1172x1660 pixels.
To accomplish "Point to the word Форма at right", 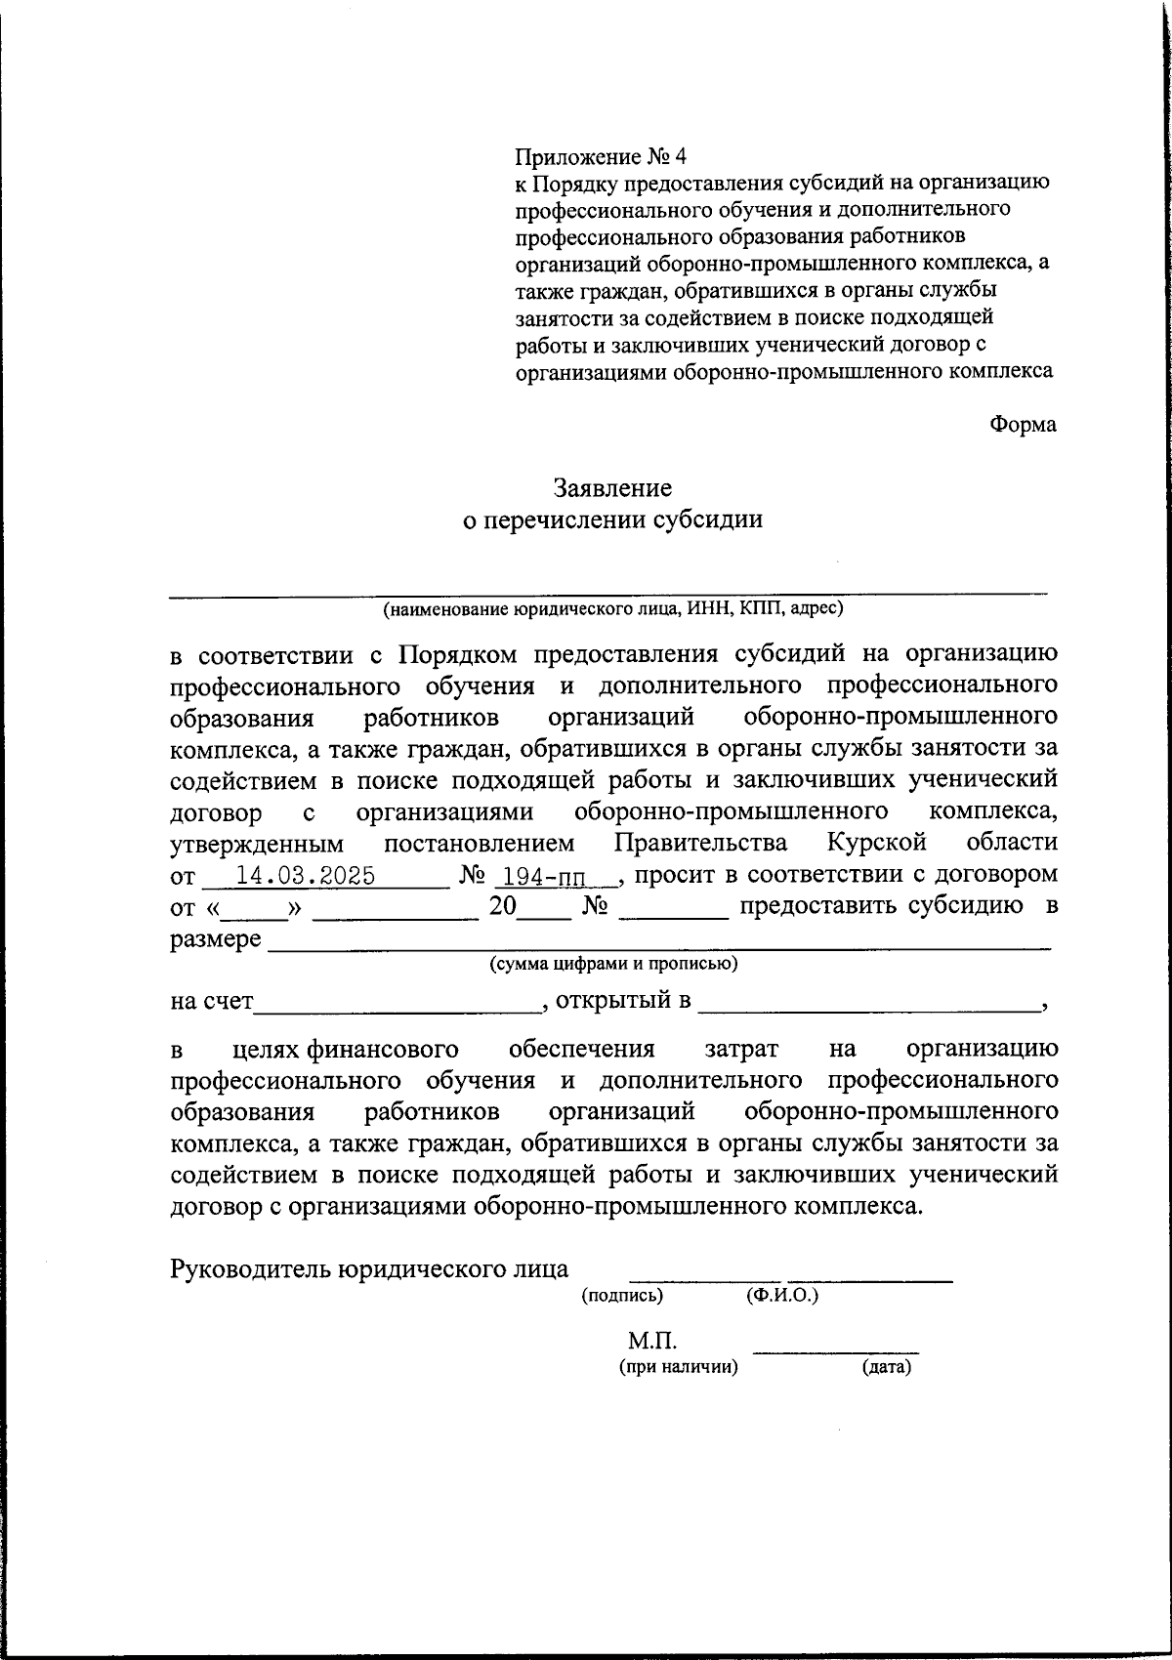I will [1023, 425].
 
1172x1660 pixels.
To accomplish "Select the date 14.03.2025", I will [306, 876].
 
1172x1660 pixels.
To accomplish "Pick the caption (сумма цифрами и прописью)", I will [612, 965].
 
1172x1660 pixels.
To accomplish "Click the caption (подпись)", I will [622, 1296].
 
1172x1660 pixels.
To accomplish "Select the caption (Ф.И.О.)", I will [780, 1296].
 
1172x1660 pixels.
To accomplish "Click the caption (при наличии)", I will [678, 1367].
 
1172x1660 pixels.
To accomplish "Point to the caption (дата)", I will [886, 1367].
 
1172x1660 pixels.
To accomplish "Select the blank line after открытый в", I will [869, 1006].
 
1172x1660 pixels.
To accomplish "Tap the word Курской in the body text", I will [876, 843].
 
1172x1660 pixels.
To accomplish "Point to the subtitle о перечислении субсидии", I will [612, 519].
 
